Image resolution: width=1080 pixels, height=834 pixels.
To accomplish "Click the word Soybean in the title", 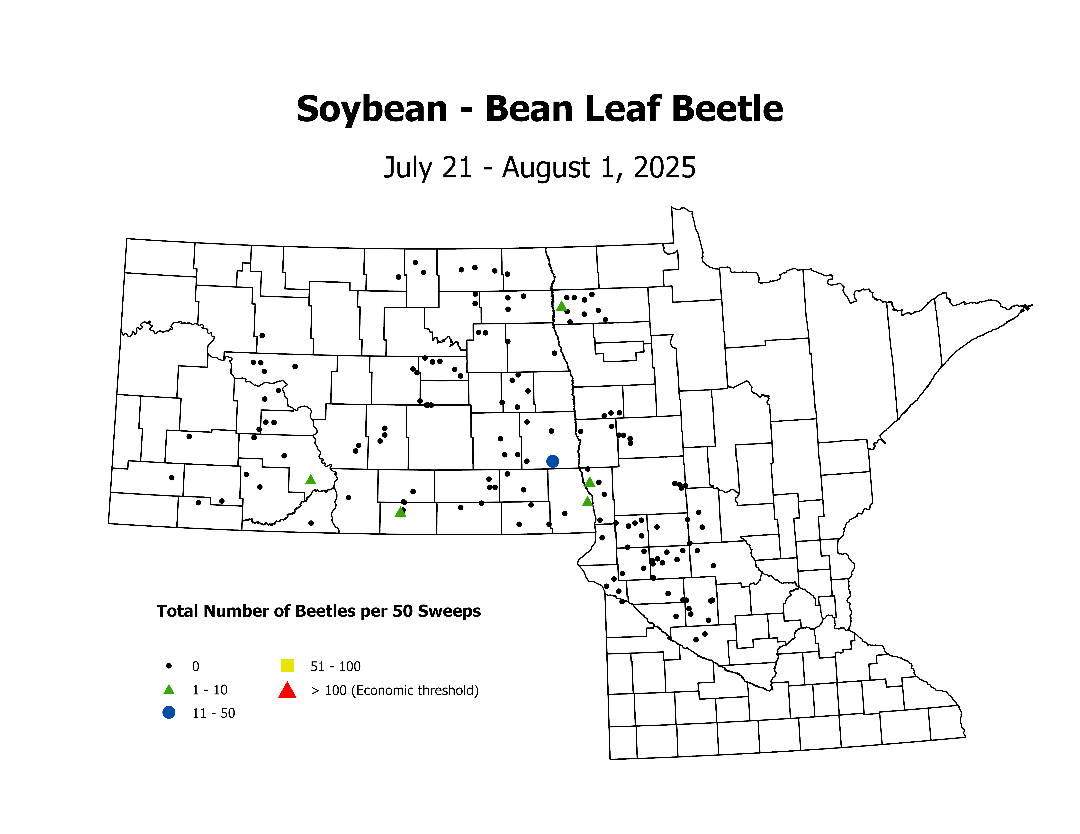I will pyautogui.click(x=372, y=110).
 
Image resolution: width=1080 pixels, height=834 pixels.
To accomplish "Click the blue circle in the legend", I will pyautogui.click(x=169, y=712).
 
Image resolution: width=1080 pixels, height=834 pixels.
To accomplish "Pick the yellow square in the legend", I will pyautogui.click(x=287, y=666).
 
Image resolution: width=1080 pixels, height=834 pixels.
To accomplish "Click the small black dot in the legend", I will pyautogui.click(x=169, y=666).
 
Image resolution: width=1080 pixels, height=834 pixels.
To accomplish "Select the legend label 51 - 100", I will pyautogui.click(x=335, y=667).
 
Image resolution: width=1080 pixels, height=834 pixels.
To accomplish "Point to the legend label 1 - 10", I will pyautogui.click(x=210, y=690).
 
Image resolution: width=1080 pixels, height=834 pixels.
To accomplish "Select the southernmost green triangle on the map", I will pyautogui.click(x=401, y=512).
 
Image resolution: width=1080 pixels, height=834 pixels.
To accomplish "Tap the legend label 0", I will pyautogui.click(x=196, y=667).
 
